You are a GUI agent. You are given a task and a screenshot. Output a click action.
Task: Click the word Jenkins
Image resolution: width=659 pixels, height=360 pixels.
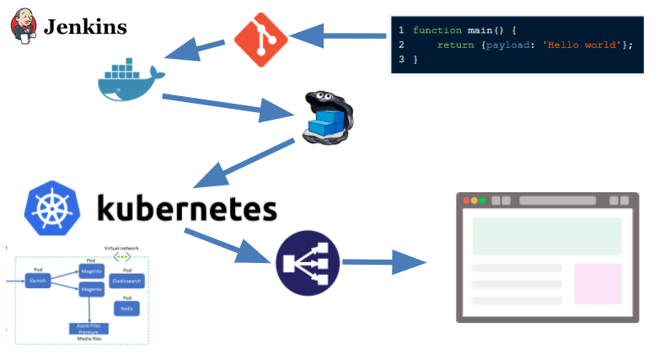click(85, 27)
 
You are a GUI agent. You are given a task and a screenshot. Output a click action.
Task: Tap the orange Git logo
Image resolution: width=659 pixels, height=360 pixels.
click(260, 39)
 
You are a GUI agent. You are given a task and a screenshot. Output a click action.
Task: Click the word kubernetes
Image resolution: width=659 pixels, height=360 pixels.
click(186, 208)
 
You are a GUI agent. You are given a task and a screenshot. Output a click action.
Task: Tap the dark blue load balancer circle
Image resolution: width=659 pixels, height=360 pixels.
click(307, 263)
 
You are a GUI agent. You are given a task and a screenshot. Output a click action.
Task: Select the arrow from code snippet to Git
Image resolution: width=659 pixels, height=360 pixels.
click(338, 36)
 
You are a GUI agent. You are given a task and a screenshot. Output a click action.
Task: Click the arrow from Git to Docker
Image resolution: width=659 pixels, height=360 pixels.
click(196, 50)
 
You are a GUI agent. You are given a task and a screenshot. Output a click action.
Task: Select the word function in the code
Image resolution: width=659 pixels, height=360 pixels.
click(436, 30)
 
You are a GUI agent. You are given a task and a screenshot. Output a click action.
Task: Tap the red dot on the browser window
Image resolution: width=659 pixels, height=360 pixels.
click(463, 201)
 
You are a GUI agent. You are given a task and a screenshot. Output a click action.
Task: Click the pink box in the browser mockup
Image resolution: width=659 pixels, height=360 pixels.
click(597, 283)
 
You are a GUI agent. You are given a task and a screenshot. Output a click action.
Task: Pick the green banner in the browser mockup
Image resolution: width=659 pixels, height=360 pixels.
click(547, 236)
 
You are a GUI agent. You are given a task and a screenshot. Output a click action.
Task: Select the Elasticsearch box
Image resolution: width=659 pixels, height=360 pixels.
click(126, 280)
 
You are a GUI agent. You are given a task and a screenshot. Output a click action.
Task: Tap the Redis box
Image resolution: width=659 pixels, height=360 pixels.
click(126, 309)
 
